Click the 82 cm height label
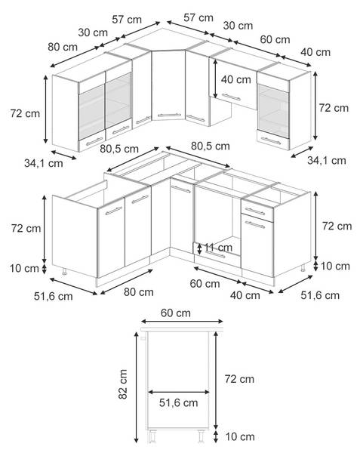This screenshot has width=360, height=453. [123, 384]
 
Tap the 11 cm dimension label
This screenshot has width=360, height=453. [218, 248]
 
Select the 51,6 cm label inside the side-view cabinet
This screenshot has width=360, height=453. [178, 402]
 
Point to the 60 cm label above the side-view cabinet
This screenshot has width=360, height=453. [176, 313]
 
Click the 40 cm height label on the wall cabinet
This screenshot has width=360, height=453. [236, 79]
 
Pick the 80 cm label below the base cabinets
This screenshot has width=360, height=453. [139, 292]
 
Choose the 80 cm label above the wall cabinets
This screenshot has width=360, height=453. [63, 47]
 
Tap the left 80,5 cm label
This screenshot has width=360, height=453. [119, 149]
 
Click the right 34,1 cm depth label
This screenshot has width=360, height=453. [327, 160]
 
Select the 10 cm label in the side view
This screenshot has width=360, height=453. [240, 436]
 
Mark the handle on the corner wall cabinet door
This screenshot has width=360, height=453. [169, 116]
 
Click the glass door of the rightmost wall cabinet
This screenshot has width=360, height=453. [273, 107]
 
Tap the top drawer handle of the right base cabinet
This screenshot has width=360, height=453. [254, 211]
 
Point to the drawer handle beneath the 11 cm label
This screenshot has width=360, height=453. [216, 255]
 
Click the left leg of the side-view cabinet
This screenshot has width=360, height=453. [152, 436]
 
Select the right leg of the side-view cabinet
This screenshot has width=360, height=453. [201, 436]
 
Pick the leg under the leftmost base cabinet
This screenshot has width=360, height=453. [64, 271]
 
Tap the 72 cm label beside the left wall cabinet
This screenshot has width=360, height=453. [25, 113]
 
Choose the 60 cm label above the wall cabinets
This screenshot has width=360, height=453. [275, 39]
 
